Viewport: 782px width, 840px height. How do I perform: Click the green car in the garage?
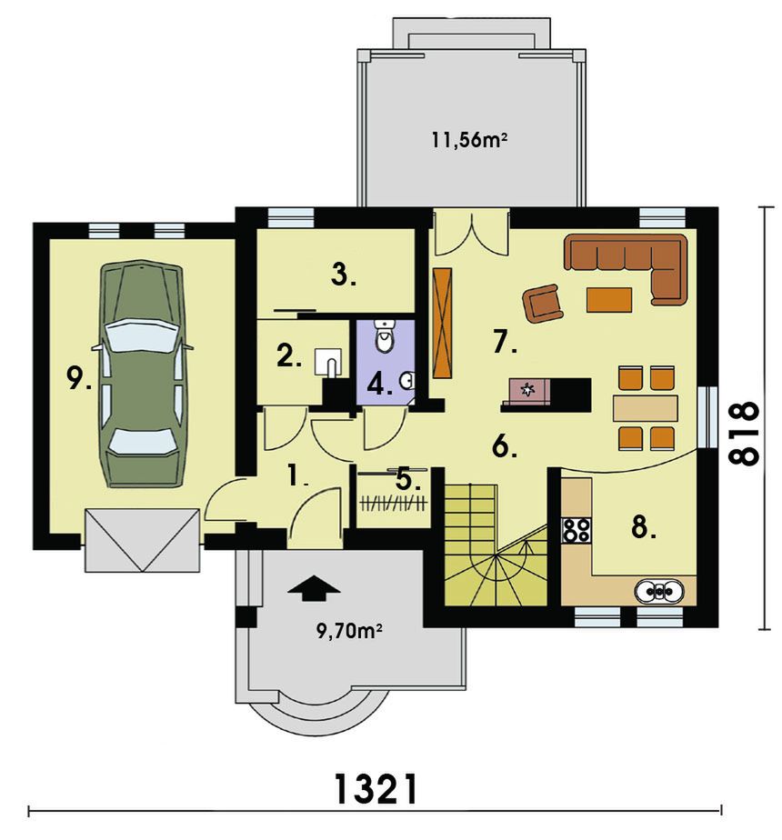[x=140, y=374]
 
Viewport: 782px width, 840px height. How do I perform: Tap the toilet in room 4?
[x=383, y=335]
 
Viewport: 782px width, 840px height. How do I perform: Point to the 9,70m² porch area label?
[x=349, y=632]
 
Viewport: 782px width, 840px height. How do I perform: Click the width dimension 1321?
[x=376, y=789]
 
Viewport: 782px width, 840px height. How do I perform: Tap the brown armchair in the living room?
[x=544, y=304]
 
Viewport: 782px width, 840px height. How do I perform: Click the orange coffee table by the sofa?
[x=609, y=299]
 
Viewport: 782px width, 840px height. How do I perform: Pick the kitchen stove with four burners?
[x=576, y=529]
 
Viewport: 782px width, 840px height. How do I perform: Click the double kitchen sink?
[x=658, y=592]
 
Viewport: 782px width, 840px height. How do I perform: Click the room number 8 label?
[x=643, y=527]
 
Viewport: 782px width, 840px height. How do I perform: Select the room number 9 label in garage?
[x=78, y=378]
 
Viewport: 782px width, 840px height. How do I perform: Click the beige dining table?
[x=646, y=407]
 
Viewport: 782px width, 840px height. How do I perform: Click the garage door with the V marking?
[x=143, y=540]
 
